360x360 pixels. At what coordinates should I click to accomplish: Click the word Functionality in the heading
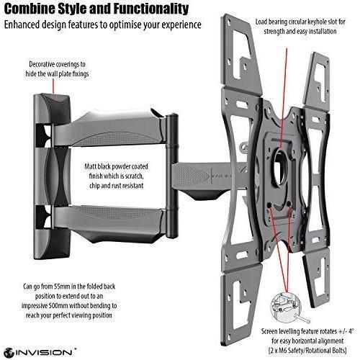click(x=151, y=9)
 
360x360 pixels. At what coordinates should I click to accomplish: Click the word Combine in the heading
click(x=30, y=9)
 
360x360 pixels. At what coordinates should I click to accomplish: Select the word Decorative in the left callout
click(x=42, y=64)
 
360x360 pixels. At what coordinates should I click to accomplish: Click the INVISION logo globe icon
click(x=9, y=353)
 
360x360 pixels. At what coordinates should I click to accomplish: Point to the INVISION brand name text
click(x=44, y=353)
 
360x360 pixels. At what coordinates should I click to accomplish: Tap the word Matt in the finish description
click(x=90, y=166)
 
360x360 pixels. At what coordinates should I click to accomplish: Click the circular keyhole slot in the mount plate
click(x=280, y=166)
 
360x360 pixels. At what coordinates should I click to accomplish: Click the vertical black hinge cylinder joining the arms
click(x=172, y=176)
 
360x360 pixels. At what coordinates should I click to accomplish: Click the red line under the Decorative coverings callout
click(x=53, y=86)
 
